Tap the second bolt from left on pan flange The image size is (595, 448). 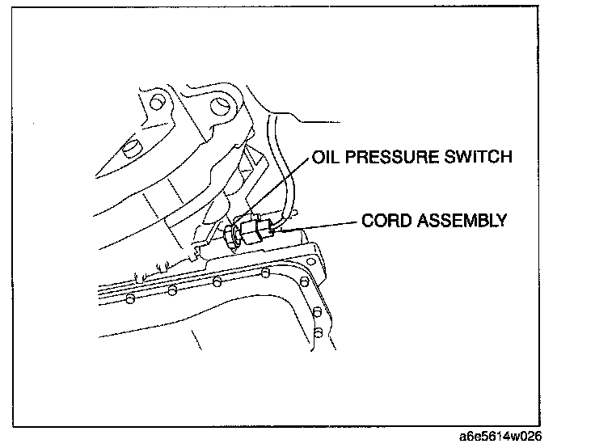coord(171,290)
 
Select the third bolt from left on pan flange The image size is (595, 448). coord(217,282)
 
